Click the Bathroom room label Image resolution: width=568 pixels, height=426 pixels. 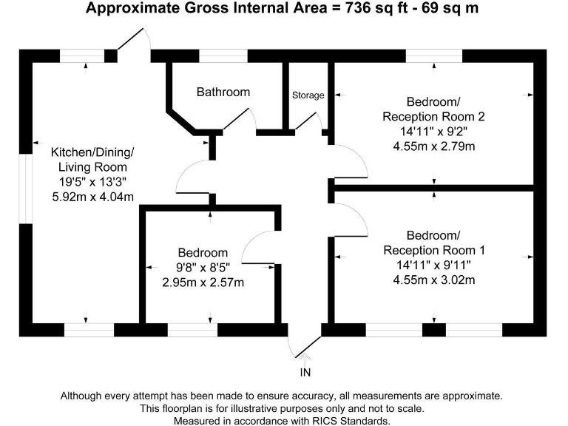[223, 92]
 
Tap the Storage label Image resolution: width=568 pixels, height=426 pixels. [308, 95]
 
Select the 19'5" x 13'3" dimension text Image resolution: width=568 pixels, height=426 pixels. [92, 181]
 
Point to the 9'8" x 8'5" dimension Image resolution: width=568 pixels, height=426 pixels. [203, 267]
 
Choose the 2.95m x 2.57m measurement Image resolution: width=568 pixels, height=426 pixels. [203, 282]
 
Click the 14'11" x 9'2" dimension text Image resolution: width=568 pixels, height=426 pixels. [433, 132]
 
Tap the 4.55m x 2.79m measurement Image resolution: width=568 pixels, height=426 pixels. [433, 146]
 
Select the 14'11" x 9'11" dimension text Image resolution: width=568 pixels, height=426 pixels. [433, 265]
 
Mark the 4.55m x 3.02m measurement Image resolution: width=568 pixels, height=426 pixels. [433, 280]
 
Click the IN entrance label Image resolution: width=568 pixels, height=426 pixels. [305, 371]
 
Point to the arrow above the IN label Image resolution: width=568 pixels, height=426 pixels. [305, 359]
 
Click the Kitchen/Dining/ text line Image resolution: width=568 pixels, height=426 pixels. [92, 152]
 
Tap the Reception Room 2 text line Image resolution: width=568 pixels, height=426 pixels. [433, 117]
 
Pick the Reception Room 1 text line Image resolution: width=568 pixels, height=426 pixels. [433, 250]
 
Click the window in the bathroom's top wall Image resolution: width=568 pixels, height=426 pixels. [223, 56]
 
